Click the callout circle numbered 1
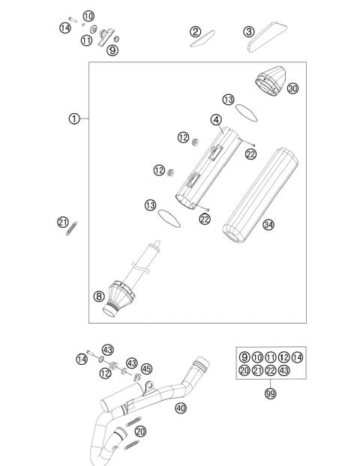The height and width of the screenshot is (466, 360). coord(73,118)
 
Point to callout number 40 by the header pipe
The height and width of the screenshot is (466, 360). coord(180,408)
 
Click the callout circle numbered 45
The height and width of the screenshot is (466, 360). coord(146,369)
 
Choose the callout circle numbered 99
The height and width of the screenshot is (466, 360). coord(270,393)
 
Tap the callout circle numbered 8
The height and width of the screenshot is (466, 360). coord(98,296)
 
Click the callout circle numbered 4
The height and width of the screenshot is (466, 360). coord(215,119)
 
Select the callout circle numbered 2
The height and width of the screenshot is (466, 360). coord(196,31)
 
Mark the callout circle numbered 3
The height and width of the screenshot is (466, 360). coord(248,31)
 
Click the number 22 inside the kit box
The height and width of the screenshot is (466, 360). coord(270,371)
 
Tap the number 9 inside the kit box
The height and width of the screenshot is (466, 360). coord(244,357)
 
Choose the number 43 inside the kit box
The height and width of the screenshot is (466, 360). coord(283,371)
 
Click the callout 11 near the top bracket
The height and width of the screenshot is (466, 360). coord(87,40)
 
